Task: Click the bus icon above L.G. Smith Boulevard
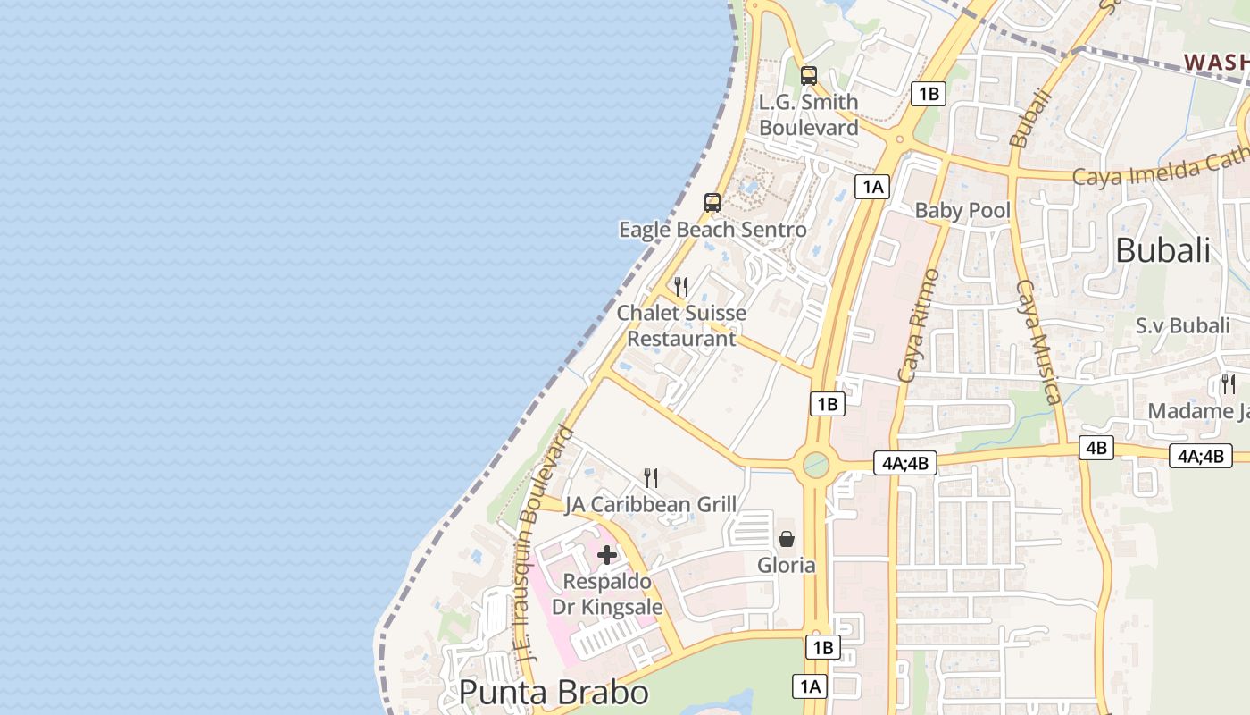point(809,76)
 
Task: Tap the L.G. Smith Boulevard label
point(809,115)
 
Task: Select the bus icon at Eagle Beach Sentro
point(712,203)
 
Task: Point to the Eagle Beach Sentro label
point(712,230)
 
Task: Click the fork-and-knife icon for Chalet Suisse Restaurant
point(681,287)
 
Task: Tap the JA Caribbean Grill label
point(651,504)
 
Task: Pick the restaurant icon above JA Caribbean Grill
point(651,478)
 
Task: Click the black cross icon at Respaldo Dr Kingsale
point(607,555)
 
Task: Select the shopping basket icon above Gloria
point(787,539)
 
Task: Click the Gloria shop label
point(787,565)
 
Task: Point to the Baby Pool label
point(962,211)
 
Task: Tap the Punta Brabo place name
point(554,694)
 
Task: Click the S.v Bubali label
point(1182,325)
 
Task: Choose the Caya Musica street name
point(1037,341)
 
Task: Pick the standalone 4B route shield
point(1096,447)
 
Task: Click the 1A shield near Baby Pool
point(872,187)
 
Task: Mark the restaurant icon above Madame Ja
point(1229,384)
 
